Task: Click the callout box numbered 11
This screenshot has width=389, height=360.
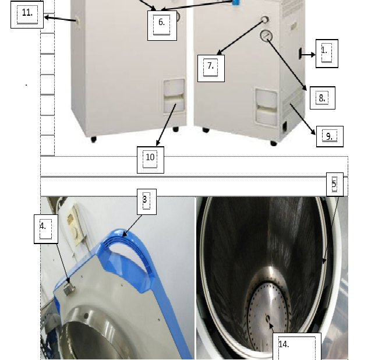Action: (x=27, y=15)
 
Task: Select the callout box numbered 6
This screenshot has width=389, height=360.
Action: (x=162, y=25)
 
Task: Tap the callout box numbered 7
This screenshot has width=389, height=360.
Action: (x=211, y=68)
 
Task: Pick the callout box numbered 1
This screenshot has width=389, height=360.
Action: (x=327, y=54)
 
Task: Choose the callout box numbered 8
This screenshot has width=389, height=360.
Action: (x=323, y=98)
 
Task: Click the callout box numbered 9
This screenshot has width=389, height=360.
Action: (x=330, y=136)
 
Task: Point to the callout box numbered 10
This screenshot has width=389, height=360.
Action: (x=150, y=160)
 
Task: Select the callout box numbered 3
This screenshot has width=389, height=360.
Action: (x=147, y=202)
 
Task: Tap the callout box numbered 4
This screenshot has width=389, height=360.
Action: (x=46, y=229)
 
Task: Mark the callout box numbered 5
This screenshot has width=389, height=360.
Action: (x=335, y=184)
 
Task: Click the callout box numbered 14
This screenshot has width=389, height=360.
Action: (x=297, y=347)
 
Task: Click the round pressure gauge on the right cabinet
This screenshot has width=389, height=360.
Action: (x=266, y=36)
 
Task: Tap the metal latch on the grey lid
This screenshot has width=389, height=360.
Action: (x=69, y=289)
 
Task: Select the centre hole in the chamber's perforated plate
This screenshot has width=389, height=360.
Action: (x=268, y=319)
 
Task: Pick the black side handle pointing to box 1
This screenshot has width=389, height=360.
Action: (x=300, y=54)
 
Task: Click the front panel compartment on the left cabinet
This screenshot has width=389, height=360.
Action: (x=174, y=96)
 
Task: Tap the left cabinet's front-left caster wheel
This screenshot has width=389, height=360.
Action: (x=94, y=139)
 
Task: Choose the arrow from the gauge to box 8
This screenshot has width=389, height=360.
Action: (x=287, y=65)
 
